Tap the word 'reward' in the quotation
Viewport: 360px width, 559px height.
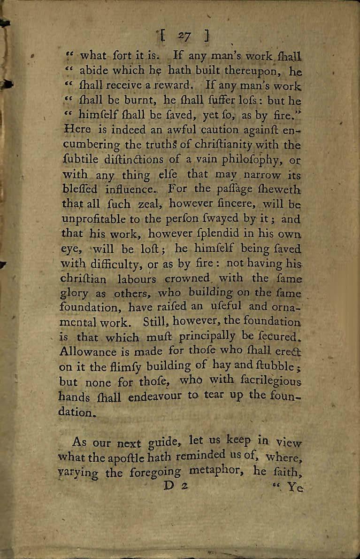click(x=172, y=86)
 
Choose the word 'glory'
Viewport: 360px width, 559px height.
click(x=76, y=293)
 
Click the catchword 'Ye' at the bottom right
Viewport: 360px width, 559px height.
click(x=296, y=485)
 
